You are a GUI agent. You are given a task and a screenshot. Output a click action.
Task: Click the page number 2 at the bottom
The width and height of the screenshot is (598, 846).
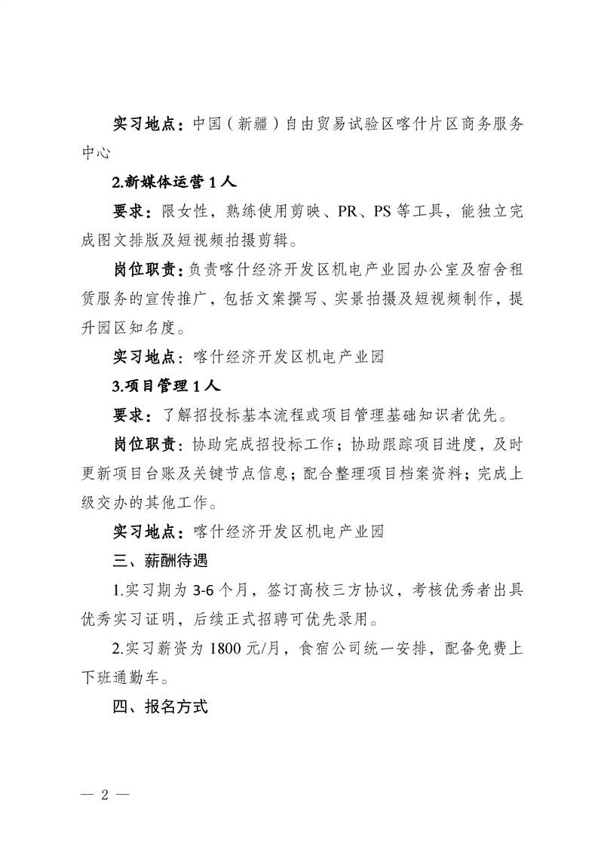pos(106,795)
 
